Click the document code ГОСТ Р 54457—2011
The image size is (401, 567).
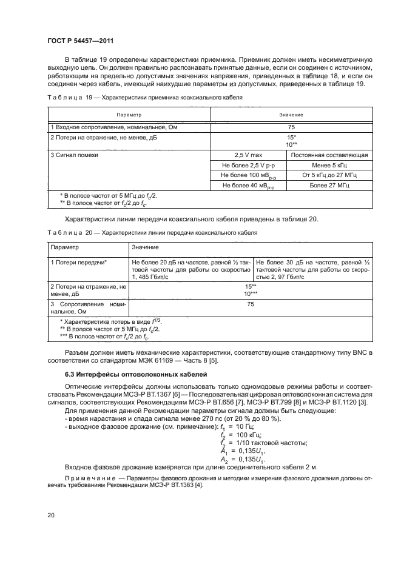point(81,41)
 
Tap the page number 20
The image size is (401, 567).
point(51,515)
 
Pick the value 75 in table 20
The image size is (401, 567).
point(250,306)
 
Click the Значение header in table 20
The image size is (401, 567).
point(146,247)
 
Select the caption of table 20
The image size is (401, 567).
point(152,232)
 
